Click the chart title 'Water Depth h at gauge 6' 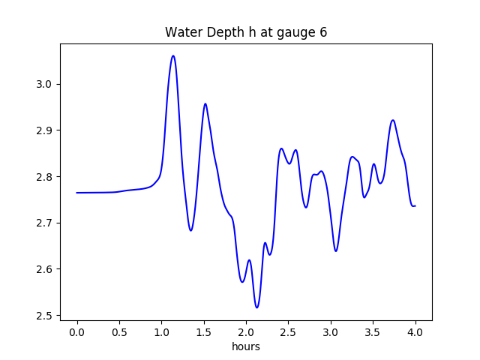point(246,33)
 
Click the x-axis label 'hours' point(246,347)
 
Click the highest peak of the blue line point(173,55)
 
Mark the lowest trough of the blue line point(256,307)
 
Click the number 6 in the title point(323,33)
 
